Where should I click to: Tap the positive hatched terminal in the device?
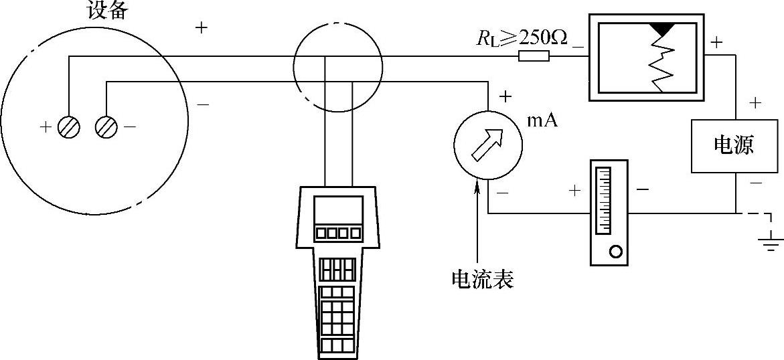[69, 126]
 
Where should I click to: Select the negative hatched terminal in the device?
[106, 126]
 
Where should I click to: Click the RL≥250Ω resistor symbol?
[534, 57]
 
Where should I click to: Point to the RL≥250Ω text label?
[522, 38]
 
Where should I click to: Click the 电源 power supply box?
[734, 145]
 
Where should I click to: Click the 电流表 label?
[482, 279]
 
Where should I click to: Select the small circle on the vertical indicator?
[615, 252]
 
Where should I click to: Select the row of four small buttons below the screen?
[338, 233]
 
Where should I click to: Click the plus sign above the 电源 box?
[755, 103]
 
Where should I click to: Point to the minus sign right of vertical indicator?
[642, 189]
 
